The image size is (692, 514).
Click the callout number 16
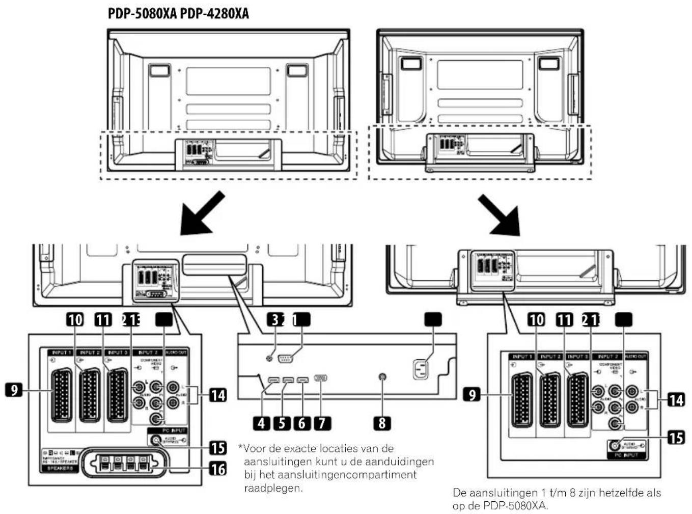click(218, 468)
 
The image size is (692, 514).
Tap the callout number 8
click(382, 423)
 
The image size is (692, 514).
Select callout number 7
click(322, 423)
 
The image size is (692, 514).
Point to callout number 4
click(262, 423)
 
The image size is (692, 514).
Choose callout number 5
click(282, 423)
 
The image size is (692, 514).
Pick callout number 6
click(302, 423)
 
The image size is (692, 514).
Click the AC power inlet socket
click(421, 369)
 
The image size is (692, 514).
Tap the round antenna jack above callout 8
click(382, 377)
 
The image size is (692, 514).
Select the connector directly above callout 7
click(321, 378)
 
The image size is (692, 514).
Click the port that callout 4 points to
click(273, 380)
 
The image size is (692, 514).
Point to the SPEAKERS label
click(60, 468)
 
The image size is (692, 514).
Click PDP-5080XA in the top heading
click(142, 13)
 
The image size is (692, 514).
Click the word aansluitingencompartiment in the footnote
click(351, 475)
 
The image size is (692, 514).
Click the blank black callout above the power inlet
click(433, 319)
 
